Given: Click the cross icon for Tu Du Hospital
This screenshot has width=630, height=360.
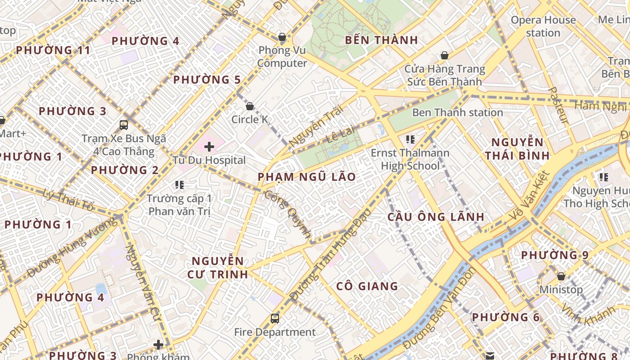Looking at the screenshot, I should [209, 146].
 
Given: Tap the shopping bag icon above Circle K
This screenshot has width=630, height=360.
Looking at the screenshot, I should [250, 106].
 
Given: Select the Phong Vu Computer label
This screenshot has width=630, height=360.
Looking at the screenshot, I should [282, 57].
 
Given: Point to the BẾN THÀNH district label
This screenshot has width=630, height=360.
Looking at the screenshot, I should [382, 40].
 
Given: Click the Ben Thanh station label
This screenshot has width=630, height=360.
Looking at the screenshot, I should [457, 112].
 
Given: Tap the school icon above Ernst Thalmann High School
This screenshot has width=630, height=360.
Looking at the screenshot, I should [409, 139].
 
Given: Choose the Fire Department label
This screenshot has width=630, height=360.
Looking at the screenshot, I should [274, 332].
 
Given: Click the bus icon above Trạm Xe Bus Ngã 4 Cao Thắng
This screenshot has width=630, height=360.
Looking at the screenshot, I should [124, 125].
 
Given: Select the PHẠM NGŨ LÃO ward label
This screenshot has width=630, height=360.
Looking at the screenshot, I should [306, 177].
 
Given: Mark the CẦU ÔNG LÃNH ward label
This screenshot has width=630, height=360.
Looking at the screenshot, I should [436, 217].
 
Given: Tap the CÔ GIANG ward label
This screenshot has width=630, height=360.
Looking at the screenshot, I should [367, 286].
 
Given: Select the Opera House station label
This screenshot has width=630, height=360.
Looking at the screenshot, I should [543, 26].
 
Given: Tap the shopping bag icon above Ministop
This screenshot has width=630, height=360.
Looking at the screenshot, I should [561, 276].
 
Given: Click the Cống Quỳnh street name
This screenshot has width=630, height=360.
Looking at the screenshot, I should [288, 214].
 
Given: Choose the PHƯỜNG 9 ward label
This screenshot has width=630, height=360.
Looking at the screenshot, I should [554, 255].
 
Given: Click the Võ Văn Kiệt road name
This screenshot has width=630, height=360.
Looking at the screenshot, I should [530, 196].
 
